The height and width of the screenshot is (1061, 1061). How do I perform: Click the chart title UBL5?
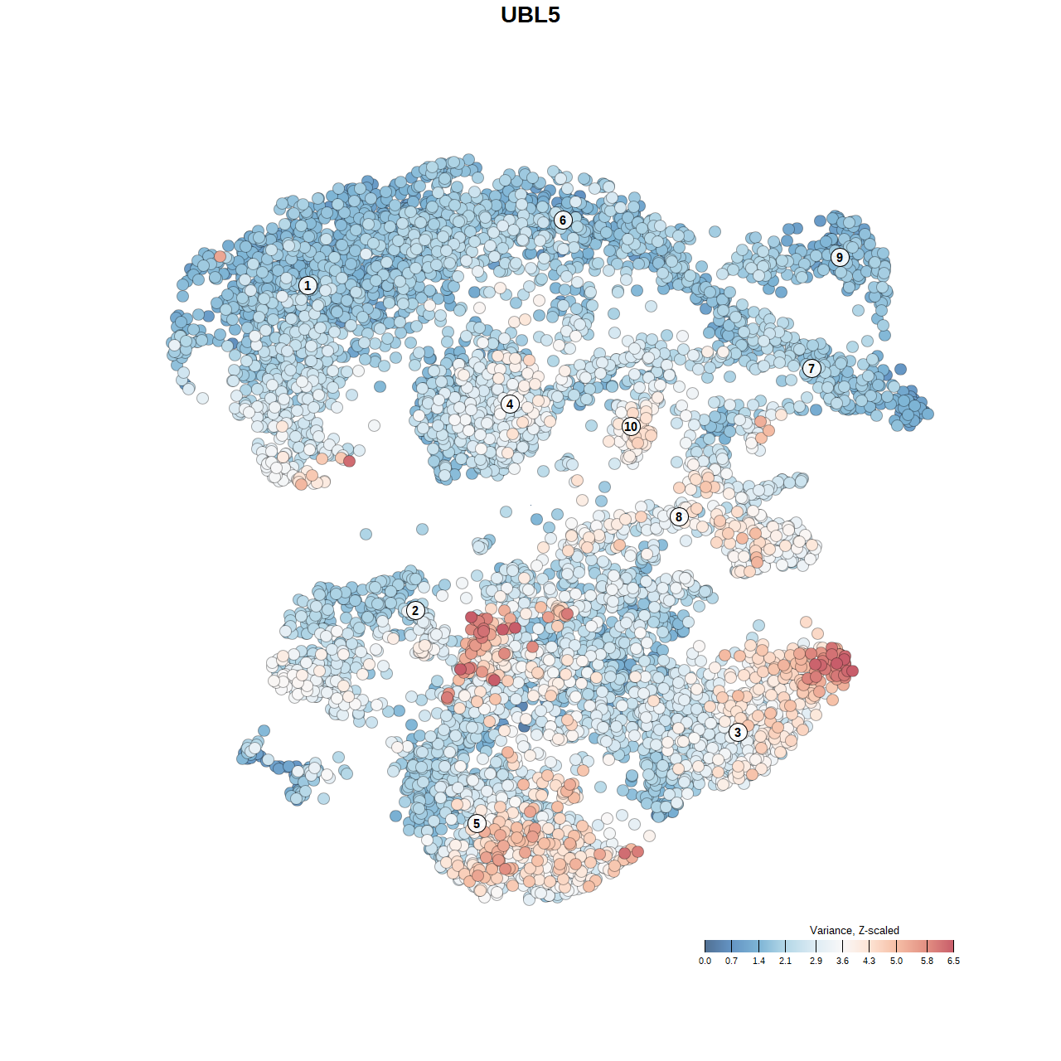(530, 15)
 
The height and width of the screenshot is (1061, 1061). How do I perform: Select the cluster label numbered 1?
(308, 286)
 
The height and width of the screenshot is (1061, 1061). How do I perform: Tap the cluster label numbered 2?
(415, 611)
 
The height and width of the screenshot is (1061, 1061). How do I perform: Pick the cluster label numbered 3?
(738, 733)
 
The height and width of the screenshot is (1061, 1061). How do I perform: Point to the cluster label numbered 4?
(510, 405)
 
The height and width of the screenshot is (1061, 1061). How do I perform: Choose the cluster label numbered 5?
(477, 824)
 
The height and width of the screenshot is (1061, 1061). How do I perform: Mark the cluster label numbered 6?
(563, 220)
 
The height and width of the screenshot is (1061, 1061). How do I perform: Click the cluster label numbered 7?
(811, 369)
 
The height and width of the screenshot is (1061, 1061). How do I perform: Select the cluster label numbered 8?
(679, 517)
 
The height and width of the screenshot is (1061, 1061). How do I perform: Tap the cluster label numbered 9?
(840, 257)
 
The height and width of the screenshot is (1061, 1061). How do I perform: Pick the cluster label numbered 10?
(631, 427)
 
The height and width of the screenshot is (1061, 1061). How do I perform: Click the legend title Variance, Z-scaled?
(854, 931)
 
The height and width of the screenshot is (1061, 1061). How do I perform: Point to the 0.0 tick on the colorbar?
(705, 947)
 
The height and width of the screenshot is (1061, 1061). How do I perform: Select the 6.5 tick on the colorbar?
(954, 947)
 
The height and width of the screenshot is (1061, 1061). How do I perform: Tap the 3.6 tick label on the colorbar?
(842, 962)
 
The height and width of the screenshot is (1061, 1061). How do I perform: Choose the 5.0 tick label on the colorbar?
(896, 962)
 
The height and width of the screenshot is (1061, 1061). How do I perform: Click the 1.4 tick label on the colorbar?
(758, 962)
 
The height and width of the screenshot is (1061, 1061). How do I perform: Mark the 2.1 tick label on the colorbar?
(785, 962)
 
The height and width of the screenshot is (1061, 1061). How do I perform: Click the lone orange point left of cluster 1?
(220, 257)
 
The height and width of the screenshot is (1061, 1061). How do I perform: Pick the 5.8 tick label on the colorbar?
(927, 962)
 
